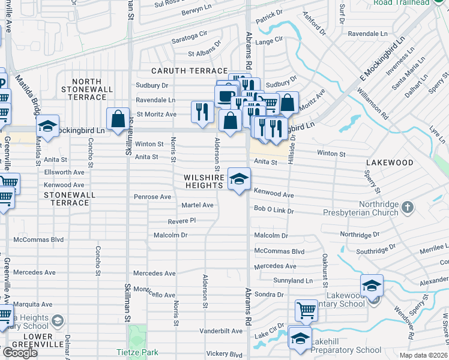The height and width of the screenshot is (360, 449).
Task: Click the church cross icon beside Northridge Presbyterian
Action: coord(408,208)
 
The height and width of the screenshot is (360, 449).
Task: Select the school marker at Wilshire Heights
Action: coord(239,179)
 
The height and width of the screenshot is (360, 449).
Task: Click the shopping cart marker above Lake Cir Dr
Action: coord(306,311)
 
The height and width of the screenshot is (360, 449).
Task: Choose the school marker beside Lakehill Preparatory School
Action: coord(300,338)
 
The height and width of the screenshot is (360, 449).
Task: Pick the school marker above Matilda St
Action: coord(47,126)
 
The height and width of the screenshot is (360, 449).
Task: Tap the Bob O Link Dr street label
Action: coord(273,211)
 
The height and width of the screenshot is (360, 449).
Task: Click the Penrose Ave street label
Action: coord(152,197)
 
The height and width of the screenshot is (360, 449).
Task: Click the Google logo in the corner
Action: coord(20,353)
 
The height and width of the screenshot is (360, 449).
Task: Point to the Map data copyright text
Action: coord(423,355)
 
